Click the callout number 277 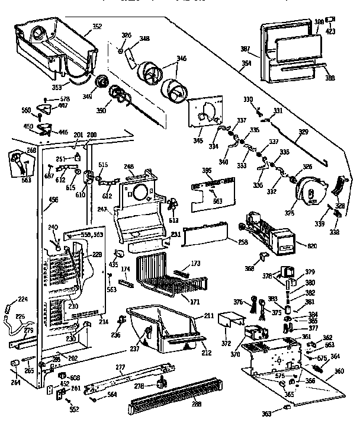[x=120, y=368]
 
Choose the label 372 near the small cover [x=226, y=344]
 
